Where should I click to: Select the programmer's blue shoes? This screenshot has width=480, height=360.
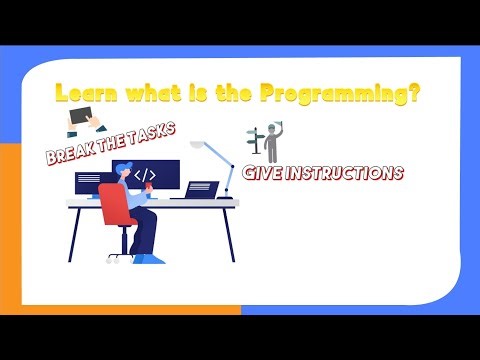(150, 258)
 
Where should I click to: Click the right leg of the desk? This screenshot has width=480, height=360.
(230, 235)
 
